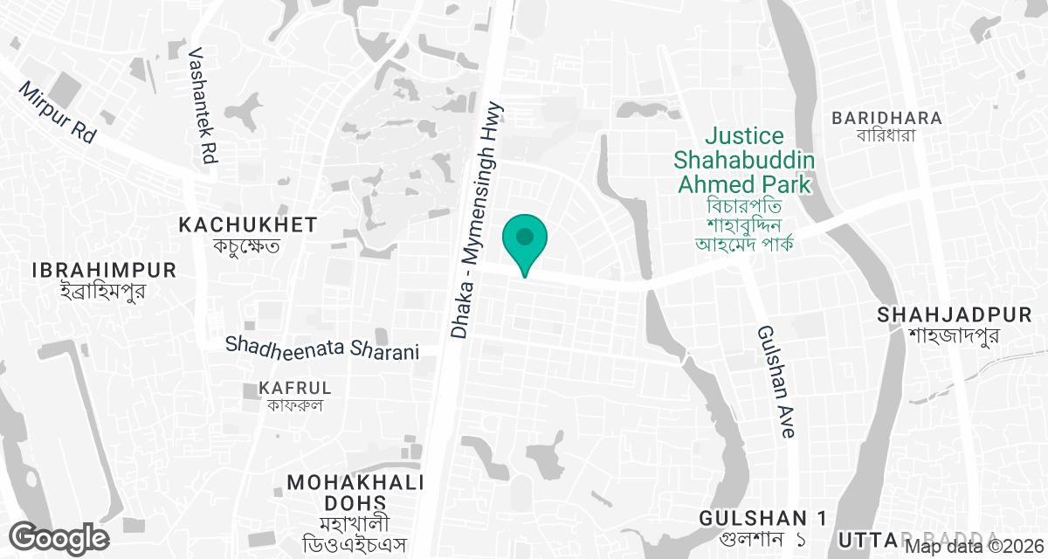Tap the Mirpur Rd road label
tap(58, 113)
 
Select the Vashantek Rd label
tap(208, 106)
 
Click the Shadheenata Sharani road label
tap(322, 348)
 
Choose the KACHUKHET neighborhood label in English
tap(248, 225)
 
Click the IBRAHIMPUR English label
tap(104, 270)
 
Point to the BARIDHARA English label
tap(886, 118)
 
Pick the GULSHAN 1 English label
tap(763, 518)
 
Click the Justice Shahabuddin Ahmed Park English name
tap(744, 160)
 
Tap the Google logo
tap(59, 537)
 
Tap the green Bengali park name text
tap(744, 223)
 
